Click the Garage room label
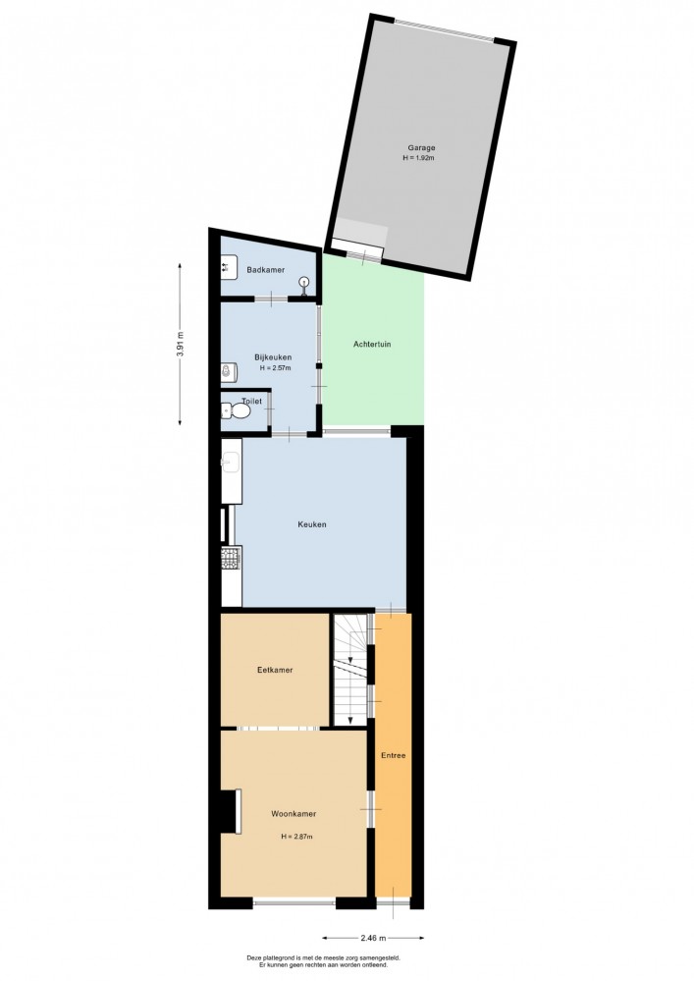421,148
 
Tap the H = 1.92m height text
419,158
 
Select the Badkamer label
266,270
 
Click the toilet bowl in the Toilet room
236,411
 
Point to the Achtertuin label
372,344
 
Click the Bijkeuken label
273,357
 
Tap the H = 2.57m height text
275,368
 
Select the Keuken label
312,524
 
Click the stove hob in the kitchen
232,558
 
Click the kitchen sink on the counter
231,463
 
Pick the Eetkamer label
275,670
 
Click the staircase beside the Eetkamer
350,670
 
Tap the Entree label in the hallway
394,755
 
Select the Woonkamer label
294,814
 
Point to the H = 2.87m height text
297,837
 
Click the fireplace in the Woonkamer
231,811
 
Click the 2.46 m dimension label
373,938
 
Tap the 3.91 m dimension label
180,344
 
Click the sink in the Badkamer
229,267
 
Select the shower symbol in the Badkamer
304,285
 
